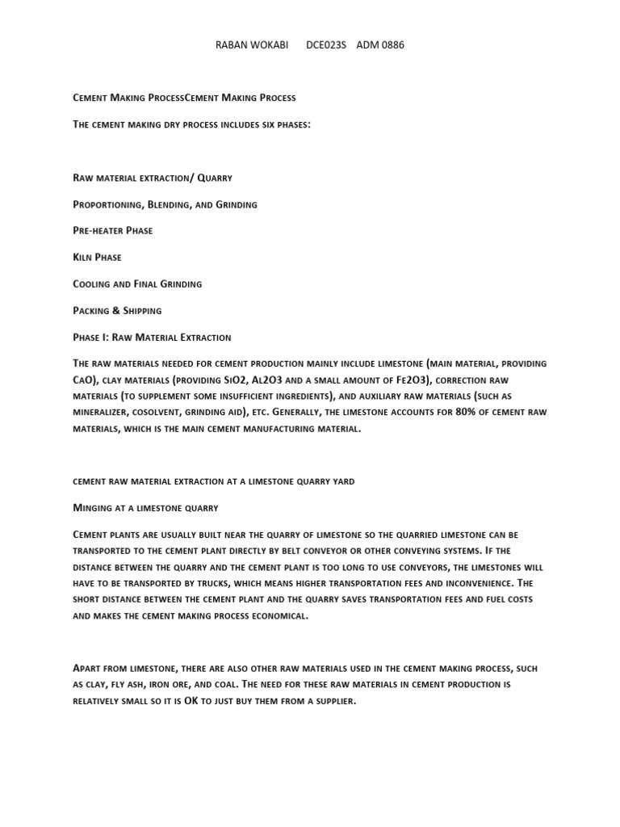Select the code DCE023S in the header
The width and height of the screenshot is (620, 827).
tap(326, 45)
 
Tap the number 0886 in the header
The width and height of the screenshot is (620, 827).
tap(392, 45)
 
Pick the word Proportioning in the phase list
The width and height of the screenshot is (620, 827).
tap(107, 204)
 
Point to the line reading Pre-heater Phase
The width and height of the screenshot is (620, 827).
tap(112, 231)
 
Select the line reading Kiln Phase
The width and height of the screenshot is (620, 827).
tap(97, 258)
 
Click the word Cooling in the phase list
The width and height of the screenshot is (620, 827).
tap(93, 284)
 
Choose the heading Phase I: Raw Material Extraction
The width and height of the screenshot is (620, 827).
tap(152, 338)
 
